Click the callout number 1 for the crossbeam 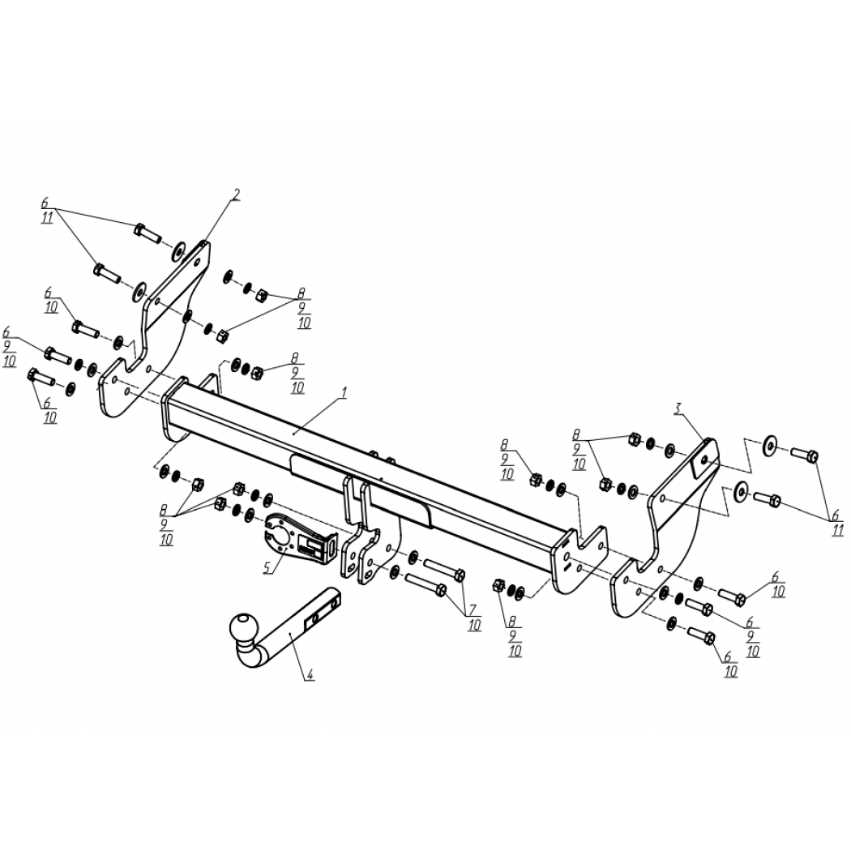coord(344,392)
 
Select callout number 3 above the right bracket coord(678,408)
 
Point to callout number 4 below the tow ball coord(310,674)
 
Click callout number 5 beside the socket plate coord(267,567)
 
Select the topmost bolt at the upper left coord(147,233)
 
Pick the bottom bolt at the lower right coord(703,635)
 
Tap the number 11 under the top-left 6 coord(47,219)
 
